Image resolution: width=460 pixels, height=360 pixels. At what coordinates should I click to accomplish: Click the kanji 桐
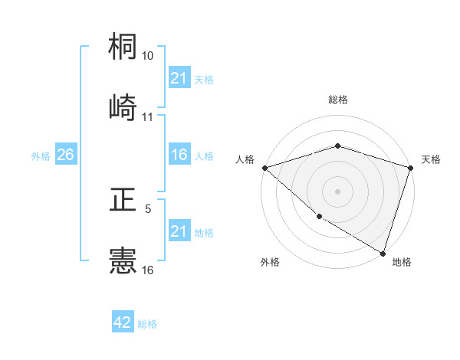(x=123, y=47)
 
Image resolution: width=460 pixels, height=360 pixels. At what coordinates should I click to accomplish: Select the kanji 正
(x=123, y=201)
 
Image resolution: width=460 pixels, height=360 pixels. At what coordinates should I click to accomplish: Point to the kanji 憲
(x=123, y=261)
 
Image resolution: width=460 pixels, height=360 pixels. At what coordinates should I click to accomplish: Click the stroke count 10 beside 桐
(x=148, y=57)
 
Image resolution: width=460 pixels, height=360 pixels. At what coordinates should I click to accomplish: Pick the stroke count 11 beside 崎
(x=148, y=117)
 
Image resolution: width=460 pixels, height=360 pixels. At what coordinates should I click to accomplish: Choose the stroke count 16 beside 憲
(x=148, y=270)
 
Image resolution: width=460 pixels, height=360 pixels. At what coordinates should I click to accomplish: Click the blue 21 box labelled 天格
(x=179, y=78)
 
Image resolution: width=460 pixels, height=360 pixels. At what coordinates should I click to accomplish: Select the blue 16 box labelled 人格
(x=179, y=155)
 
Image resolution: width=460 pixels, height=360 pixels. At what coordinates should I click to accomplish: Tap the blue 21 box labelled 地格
(x=179, y=231)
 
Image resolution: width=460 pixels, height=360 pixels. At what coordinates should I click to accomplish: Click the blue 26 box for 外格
(x=65, y=155)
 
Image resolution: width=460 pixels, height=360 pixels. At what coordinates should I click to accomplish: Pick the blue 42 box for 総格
(x=123, y=322)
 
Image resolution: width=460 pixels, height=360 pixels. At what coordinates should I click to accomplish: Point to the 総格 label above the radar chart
(x=337, y=100)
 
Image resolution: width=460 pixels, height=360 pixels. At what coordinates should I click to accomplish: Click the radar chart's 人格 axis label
(x=245, y=159)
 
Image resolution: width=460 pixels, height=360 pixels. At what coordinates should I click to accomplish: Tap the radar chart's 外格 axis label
(x=270, y=263)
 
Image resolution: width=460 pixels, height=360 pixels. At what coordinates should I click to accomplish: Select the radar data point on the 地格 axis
(x=383, y=253)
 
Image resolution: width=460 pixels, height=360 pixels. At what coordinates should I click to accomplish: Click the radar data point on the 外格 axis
(x=319, y=217)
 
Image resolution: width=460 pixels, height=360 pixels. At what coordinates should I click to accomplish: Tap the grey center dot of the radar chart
(x=337, y=191)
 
